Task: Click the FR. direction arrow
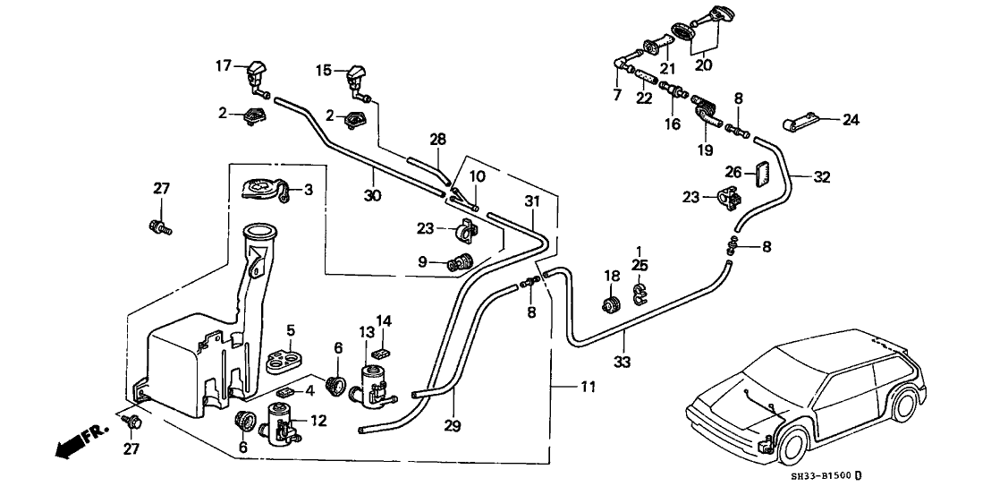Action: click(80, 443)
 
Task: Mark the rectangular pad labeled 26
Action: click(760, 174)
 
